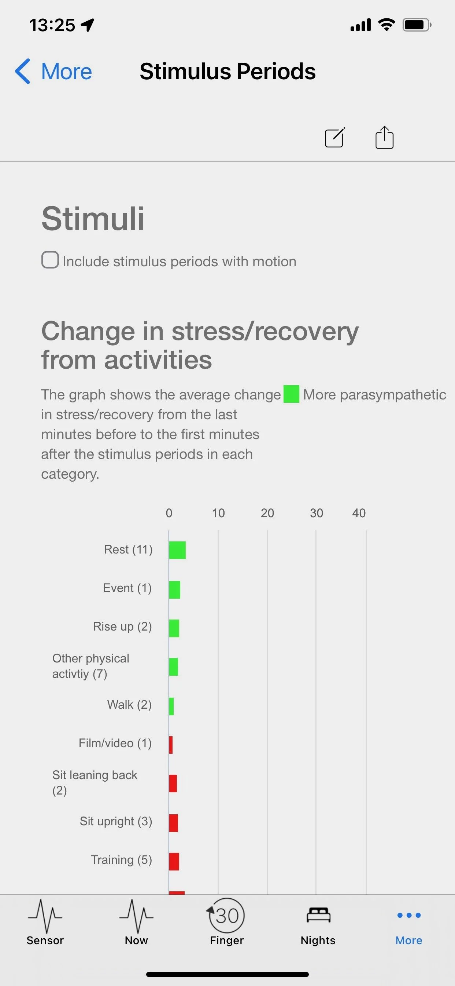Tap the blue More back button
[53, 71]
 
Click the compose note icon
[335, 138]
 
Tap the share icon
[384, 137]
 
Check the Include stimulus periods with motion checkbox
[50, 260]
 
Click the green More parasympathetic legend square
[291, 394]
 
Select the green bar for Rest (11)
[177, 550]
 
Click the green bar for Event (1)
[175, 589]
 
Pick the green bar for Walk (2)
[171, 706]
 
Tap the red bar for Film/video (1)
[171, 745]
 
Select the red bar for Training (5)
[174, 862]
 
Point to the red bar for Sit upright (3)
[174, 823]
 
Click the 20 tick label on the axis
[267, 513]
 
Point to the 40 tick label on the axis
[359, 513]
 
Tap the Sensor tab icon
[45, 916]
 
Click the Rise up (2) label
[122, 627]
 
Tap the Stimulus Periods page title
[227, 71]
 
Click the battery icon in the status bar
[417, 25]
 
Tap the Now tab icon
[136, 916]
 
